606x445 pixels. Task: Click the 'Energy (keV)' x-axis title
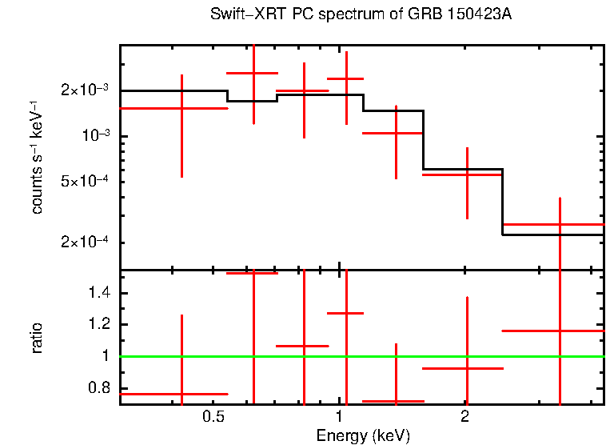(x=363, y=435)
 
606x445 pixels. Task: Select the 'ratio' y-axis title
(x=37, y=339)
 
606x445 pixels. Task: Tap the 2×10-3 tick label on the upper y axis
(x=85, y=90)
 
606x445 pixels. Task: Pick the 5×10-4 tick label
(x=85, y=182)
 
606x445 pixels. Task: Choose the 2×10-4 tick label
(x=85, y=243)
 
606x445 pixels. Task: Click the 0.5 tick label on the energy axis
(x=213, y=417)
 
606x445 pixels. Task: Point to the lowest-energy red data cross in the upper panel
(x=182, y=108)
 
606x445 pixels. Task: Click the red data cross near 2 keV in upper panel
(x=467, y=174)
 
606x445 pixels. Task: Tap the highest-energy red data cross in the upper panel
(x=560, y=225)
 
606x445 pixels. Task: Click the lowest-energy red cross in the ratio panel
(x=182, y=394)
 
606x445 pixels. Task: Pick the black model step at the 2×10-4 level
(x=552, y=235)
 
